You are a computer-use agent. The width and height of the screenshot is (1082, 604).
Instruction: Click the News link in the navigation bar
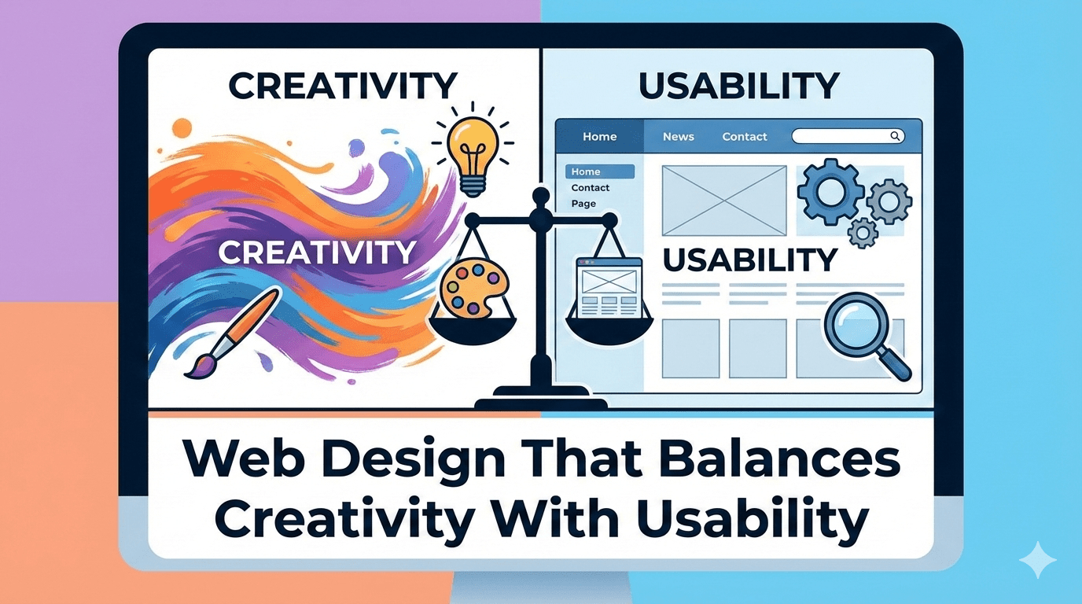pos(678,136)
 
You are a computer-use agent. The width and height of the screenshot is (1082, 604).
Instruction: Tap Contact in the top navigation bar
pos(744,136)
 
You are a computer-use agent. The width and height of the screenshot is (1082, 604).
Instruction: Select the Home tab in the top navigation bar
pos(599,136)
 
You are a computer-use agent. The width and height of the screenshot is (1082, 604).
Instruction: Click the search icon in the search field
pos(895,136)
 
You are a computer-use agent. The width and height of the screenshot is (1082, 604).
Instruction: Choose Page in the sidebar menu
pos(583,204)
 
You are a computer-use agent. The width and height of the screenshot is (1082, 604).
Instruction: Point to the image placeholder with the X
pos(723,200)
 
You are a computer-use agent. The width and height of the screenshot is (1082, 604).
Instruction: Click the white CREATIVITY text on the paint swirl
pos(316,252)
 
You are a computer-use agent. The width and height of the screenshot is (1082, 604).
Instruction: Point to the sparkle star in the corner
pos(1037,559)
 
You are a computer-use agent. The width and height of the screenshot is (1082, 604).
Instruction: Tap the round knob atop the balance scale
pos(539,195)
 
